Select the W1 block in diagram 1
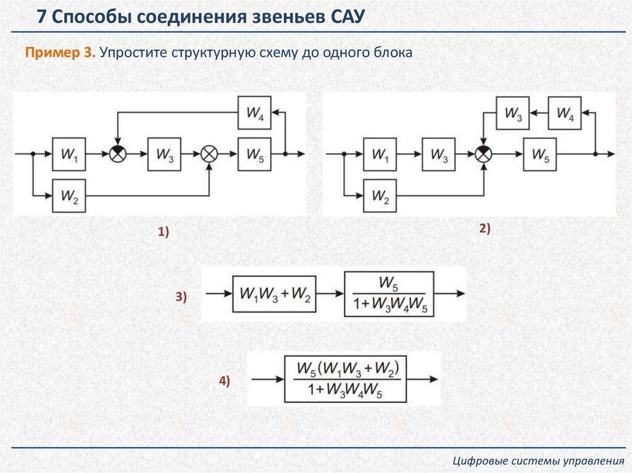(x=69, y=154)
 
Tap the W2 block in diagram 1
(x=69, y=195)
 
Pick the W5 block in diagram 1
(x=254, y=154)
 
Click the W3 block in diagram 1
(x=164, y=154)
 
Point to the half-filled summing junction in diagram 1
(x=117, y=154)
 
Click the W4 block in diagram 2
(x=565, y=113)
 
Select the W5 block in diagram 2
(x=539, y=154)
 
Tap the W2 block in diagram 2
(x=380, y=195)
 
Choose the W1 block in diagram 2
(x=380, y=154)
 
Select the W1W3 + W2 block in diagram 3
(x=274, y=294)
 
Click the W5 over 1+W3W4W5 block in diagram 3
(x=388, y=294)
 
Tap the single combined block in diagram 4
(x=349, y=379)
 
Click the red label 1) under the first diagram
(x=163, y=232)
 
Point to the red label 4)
(x=223, y=381)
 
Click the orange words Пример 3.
(x=60, y=52)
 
